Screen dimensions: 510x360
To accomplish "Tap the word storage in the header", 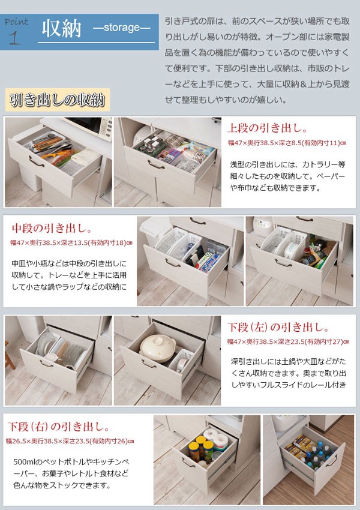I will coord(122,28).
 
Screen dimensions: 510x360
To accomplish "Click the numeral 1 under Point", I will coord(14,38).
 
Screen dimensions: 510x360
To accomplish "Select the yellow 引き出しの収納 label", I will coord(56,99).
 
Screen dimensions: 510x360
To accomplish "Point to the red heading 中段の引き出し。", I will coord(52,229).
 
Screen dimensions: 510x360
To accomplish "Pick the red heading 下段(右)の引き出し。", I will coord(59,427).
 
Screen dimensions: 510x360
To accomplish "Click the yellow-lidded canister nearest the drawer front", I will coord(197,449).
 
